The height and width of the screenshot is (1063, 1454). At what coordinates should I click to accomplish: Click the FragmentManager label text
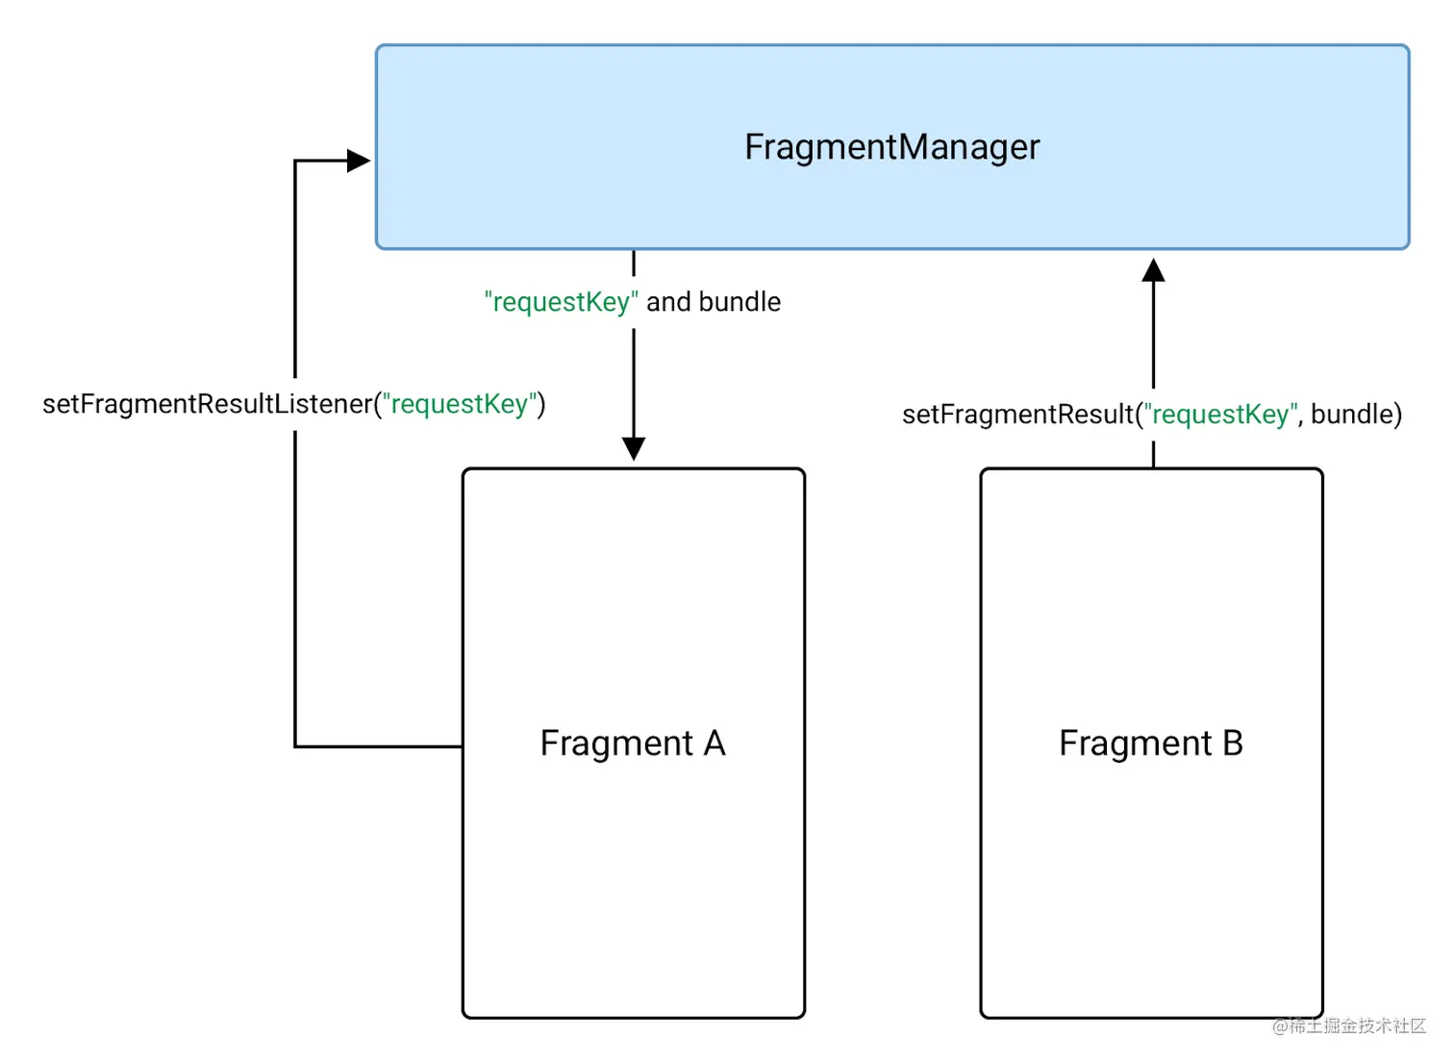tap(891, 147)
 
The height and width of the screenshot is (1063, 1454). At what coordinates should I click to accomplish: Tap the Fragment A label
tap(632, 744)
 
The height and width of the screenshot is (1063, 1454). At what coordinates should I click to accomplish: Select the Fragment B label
tap(1150, 744)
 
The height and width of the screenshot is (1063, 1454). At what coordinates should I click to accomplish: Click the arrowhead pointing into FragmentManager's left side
tap(358, 161)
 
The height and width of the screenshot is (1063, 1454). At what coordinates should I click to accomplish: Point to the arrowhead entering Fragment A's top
tap(634, 448)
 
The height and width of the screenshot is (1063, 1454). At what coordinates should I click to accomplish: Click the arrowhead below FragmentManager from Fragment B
tap(1153, 271)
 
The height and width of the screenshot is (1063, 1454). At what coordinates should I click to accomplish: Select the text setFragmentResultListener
tap(207, 404)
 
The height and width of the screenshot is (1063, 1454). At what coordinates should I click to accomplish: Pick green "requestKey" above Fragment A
tap(561, 302)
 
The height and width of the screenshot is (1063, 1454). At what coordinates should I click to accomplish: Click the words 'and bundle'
tap(714, 302)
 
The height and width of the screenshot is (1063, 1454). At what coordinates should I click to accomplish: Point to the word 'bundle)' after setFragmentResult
tap(1356, 415)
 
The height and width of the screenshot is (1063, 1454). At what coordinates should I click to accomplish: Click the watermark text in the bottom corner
tap(1348, 1025)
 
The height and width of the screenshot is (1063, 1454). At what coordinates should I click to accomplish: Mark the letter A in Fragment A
tap(714, 744)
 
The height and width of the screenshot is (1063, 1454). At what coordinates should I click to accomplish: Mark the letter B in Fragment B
tap(1232, 744)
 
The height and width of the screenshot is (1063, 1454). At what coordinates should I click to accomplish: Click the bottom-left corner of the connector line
tap(295, 746)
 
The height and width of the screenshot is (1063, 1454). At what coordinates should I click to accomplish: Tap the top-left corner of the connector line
tap(295, 161)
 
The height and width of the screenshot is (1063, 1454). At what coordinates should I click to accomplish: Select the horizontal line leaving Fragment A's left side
tap(379, 746)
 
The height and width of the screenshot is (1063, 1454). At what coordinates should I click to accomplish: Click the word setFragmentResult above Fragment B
tap(1017, 415)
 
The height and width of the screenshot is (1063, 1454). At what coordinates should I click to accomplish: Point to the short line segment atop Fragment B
tap(1153, 455)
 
